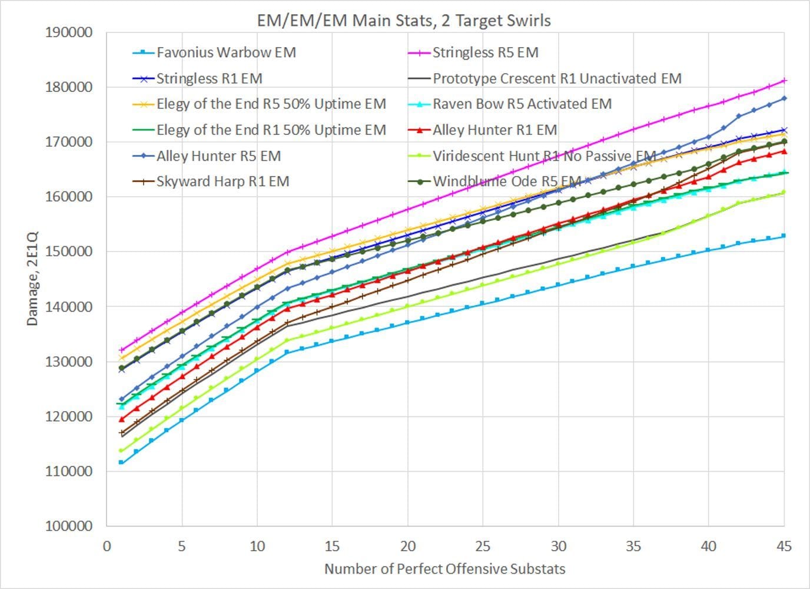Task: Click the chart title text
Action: click(x=404, y=21)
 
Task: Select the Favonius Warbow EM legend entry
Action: click(x=226, y=52)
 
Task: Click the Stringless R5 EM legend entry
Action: click(x=485, y=52)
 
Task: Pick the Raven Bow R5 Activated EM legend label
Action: click(x=522, y=104)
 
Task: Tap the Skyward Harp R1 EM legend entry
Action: click(x=223, y=181)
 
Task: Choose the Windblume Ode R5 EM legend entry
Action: click(x=507, y=181)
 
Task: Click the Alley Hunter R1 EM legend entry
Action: click(x=494, y=130)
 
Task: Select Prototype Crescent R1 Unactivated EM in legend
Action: click(x=557, y=78)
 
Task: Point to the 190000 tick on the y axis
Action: click(x=69, y=32)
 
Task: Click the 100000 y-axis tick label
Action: click(x=69, y=526)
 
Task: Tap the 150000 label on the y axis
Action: click(x=69, y=252)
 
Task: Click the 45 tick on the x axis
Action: click(x=784, y=546)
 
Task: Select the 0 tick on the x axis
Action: click(x=107, y=546)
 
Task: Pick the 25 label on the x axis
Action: click(x=483, y=546)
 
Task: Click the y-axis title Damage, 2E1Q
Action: click(x=32, y=279)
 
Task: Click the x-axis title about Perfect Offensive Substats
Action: click(x=444, y=569)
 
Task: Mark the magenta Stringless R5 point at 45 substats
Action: click(x=784, y=81)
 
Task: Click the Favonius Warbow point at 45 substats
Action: click(x=784, y=236)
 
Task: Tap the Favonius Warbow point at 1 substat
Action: click(x=121, y=462)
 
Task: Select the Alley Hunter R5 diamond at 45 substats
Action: click(x=784, y=98)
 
